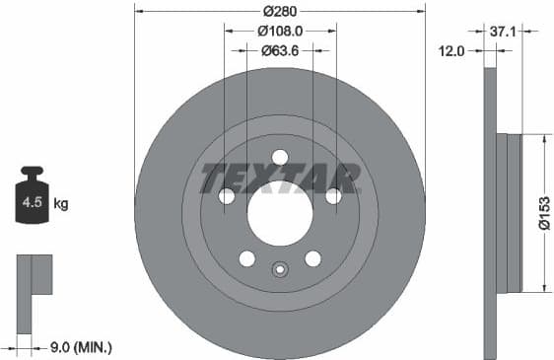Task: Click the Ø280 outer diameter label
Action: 280,11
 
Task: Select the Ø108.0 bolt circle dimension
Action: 280,31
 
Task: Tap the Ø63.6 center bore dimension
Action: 280,49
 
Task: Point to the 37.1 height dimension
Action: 503,32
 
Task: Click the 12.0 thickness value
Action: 451,50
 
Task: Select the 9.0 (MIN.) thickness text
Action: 81,346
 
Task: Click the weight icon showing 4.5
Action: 31,200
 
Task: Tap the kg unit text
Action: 61,204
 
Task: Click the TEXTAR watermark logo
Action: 280,179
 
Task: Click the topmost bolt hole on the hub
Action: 280,157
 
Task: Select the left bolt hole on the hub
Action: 227,196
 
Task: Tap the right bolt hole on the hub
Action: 333,196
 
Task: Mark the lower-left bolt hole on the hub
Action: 247,258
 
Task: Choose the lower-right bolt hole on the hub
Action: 312,258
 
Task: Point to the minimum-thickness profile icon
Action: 34,274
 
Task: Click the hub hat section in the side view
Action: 510,213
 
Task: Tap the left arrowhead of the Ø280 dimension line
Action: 138,11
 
